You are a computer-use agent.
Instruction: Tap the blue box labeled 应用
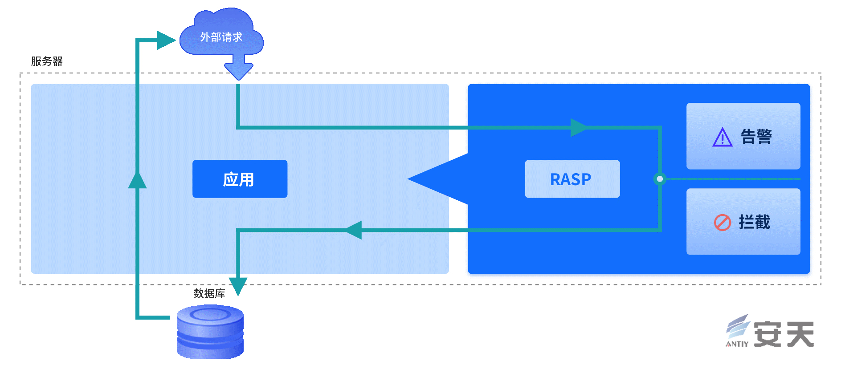240,179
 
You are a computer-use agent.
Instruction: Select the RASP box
572,179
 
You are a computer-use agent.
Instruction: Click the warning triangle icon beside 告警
722,137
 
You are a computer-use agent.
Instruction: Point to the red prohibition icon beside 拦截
722,222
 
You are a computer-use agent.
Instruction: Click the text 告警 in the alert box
756,137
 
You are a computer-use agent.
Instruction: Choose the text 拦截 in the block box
754,222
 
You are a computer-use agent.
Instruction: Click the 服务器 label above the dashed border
47,61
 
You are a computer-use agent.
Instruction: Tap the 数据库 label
209,293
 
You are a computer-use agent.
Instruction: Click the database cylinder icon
210,331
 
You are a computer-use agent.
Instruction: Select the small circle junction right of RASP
660,179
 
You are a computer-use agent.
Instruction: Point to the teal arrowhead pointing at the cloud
166,40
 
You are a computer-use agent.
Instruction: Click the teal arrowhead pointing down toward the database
238,286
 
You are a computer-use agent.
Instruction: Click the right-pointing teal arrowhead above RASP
579,128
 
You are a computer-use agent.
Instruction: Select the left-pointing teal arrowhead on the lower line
353,230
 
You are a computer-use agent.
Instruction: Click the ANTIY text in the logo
737,344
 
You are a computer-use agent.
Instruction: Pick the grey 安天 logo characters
784,334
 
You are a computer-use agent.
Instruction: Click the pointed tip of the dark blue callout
408,179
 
